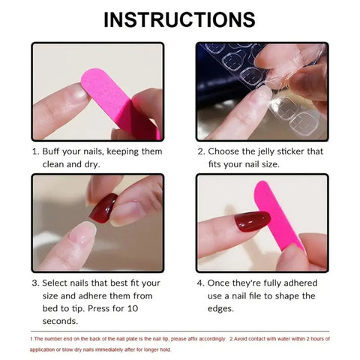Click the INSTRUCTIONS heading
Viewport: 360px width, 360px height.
point(179,19)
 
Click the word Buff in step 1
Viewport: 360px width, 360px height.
point(54,151)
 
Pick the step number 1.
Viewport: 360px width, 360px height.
point(34,151)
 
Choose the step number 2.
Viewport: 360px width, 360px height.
point(200,151)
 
